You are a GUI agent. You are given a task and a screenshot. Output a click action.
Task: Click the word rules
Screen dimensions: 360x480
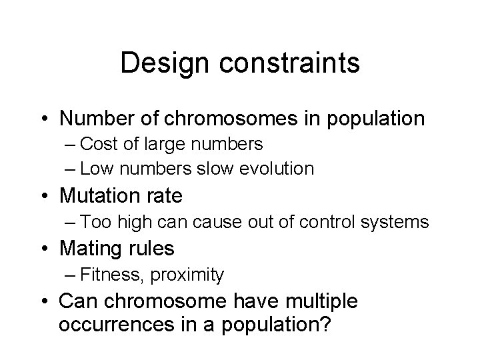153,249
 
